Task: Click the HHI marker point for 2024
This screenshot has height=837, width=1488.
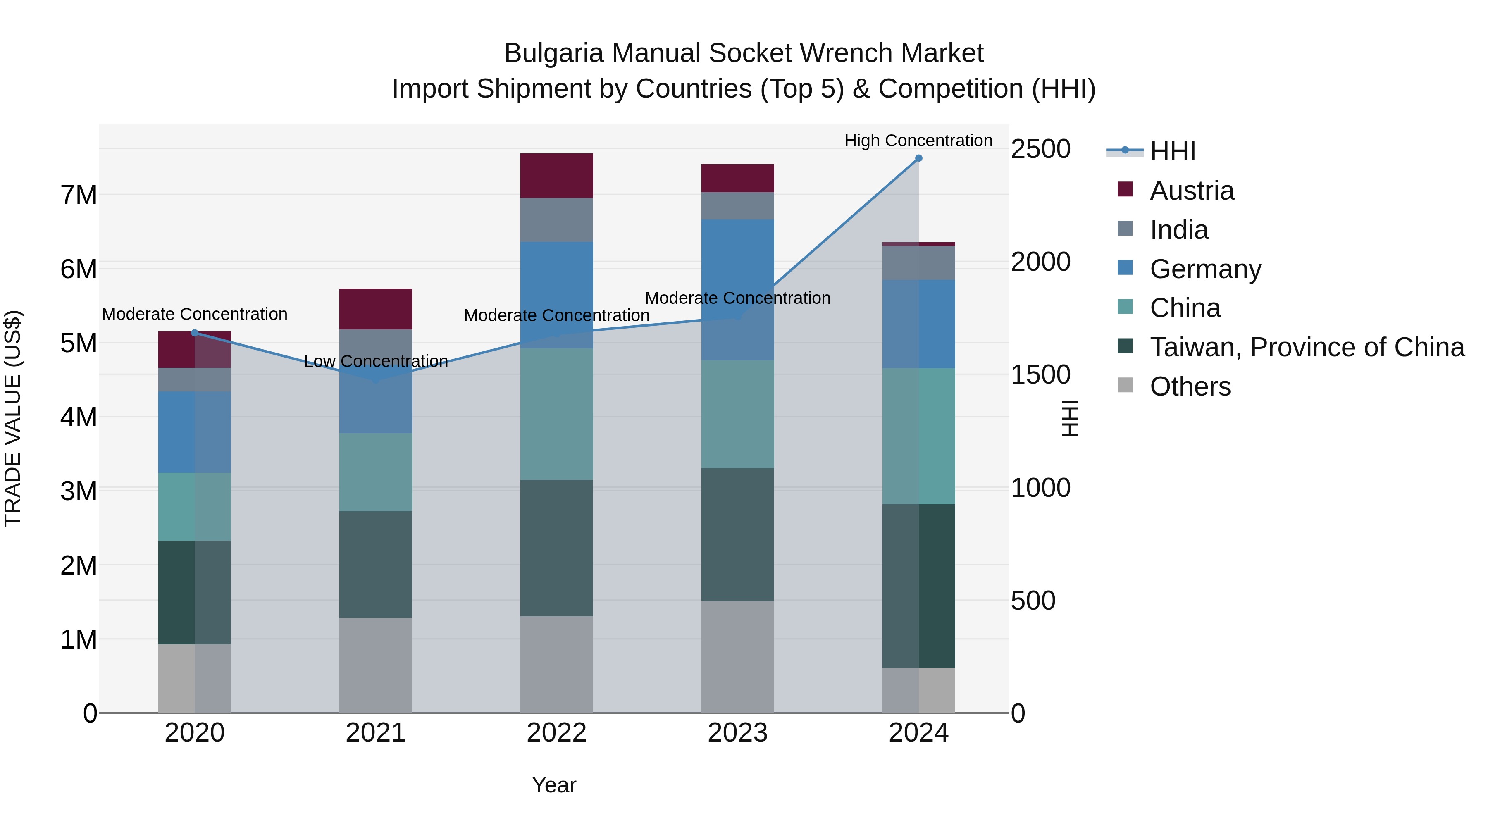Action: [918, 158]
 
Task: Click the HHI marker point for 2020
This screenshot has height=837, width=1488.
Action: [195, 333]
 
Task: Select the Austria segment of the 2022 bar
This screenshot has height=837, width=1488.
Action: [556, 176]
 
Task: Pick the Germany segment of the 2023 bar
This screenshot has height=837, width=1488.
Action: [738, 289]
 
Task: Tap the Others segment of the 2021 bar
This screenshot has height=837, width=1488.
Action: [375, 665]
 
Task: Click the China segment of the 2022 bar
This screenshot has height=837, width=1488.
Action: [556, 414]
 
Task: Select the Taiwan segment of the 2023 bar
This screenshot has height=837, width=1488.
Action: [738, 534]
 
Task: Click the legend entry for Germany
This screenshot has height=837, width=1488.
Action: [1205, 269]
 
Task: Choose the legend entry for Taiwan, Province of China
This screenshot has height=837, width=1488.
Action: [1307, 347]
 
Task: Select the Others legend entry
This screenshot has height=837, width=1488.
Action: [1190, 386]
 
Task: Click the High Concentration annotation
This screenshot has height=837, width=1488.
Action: [918, 141]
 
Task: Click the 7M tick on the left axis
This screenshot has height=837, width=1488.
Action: [79, 195]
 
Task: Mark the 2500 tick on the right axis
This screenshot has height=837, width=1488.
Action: [1040, 149]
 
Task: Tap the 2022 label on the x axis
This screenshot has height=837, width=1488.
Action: [556, 733]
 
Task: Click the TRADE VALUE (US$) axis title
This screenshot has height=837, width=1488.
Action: [13, 418]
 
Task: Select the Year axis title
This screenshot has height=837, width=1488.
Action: [554, 785]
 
